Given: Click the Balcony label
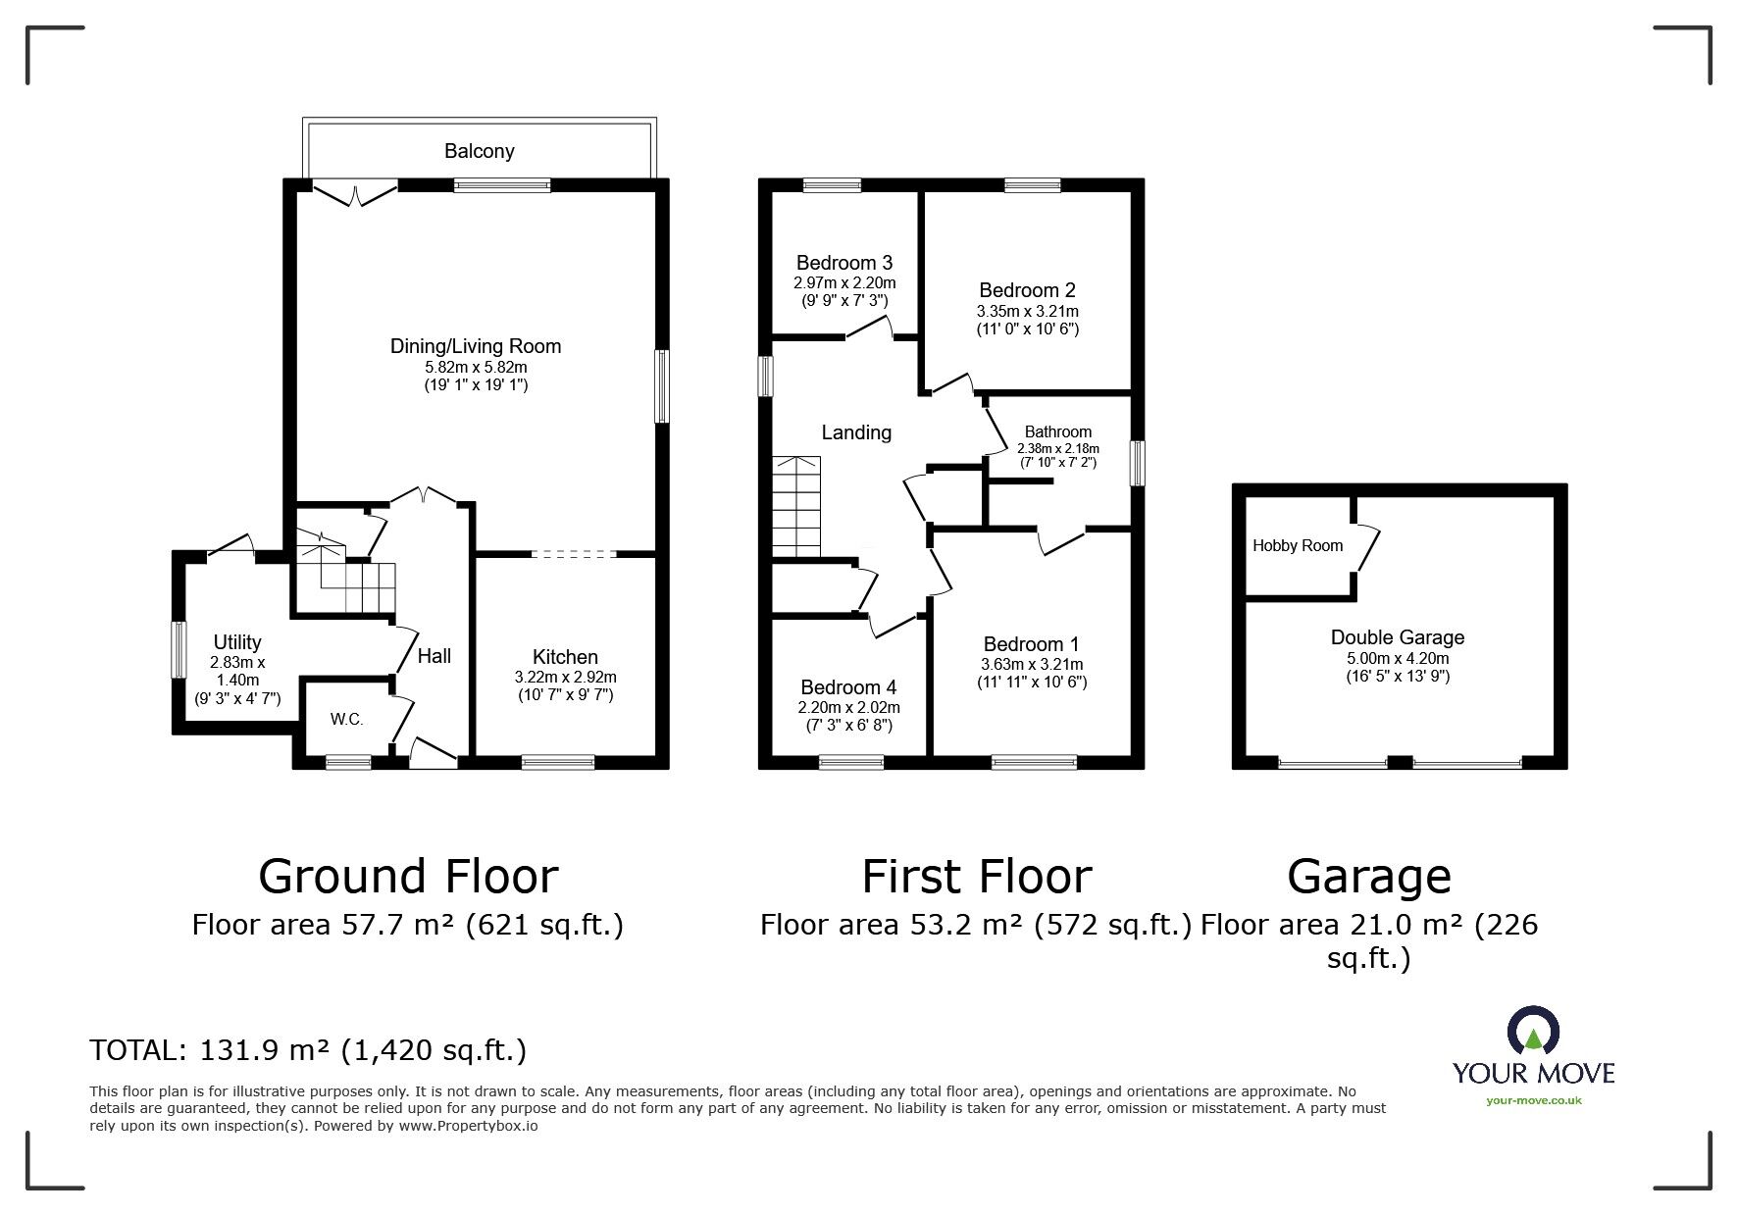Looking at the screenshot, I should (x=479, y=151).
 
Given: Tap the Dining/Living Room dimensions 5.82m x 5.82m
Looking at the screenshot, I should (x=476, y=368).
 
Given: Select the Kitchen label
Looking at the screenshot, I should (x=565, y=657).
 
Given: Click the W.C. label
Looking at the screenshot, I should (x=346, y=719).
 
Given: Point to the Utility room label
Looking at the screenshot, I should (x=237, y=642).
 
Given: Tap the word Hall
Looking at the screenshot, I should (x=434, y=655).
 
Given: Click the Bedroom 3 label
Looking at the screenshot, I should (x=843, y=263).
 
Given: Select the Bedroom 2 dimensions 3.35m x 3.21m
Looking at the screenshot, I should (x=1027, y=312).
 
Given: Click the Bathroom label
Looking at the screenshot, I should (x=1057, y=431).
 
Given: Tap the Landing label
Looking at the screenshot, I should (x=856, y=432).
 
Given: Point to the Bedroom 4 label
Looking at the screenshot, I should (x=847, y=687).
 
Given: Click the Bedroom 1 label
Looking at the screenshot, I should (x=1031, y=644).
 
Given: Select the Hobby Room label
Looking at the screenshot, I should (x=1297, y=546).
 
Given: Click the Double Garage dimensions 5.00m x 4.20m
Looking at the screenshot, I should (x=1397, y=659).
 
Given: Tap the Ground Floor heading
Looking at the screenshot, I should (x=408, y=877).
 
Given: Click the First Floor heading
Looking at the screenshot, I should (x=976, y=877).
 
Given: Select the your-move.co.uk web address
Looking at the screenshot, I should (x=1533, y=1100).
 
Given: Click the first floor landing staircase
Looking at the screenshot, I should (x=795, y=507).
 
